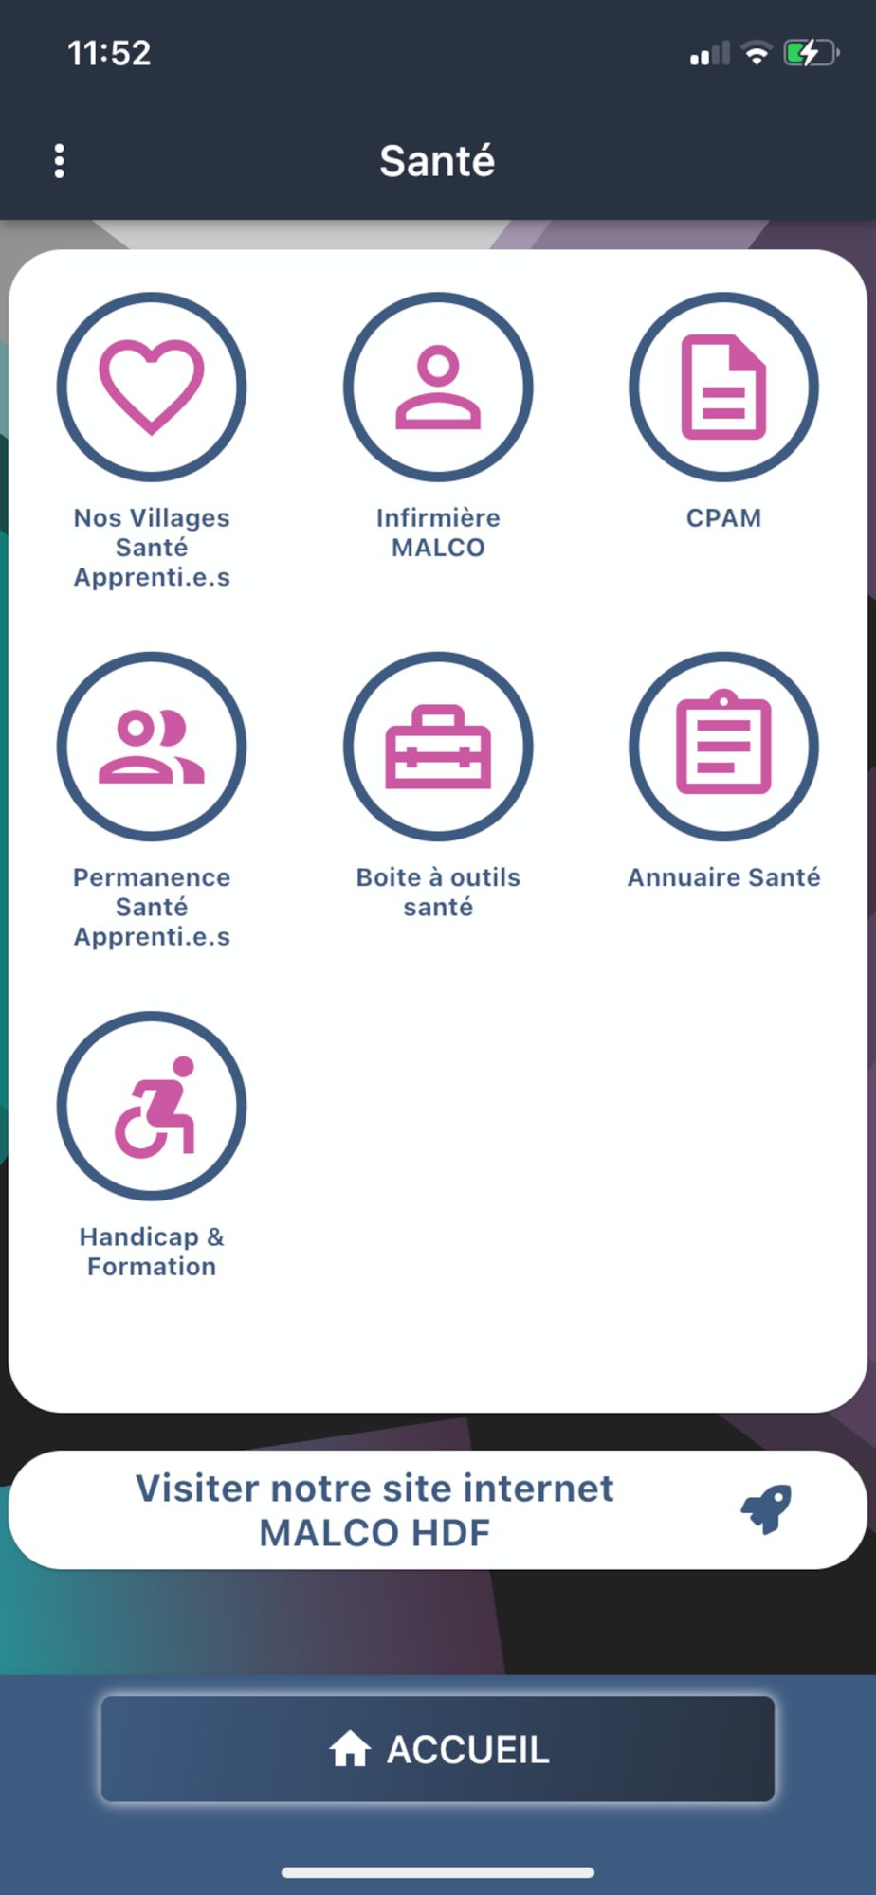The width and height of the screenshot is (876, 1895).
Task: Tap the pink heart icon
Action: pyautogui.click(x=152, y=387)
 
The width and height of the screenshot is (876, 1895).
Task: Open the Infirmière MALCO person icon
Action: pyautogui.click(x=438, y=387)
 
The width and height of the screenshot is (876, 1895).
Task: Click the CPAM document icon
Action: pyautogui.click(x=723, y=387)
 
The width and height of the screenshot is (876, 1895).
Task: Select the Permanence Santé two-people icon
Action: pyautogui.click(x=152, y=747)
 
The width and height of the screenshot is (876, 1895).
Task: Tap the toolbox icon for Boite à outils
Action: pyautogui.click(x=438, y=747)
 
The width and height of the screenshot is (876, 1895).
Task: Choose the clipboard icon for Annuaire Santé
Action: pyautogui.click(x=723, y=741)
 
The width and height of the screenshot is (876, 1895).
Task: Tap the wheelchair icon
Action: pyautogui.click(x=155, y=1107)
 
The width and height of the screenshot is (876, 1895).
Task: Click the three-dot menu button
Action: pyautogui.click(x=59, y=161)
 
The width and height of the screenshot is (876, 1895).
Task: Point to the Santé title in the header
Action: pyautogui.click(x=437, y=161)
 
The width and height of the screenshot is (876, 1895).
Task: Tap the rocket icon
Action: pyautogui.click(x=766, y=1508)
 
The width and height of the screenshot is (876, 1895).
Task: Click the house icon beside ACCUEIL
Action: pyautogui.click(x=350, y=1749)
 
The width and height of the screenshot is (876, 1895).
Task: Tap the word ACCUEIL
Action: pyautogui.click(x=468, y=1750)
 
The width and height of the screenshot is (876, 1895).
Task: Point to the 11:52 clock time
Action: pyautogui.click(x=109, y=53)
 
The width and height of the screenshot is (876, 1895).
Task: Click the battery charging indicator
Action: pyautogui.click(x=811, y=53)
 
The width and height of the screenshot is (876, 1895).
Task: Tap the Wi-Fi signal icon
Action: pyautogui.click(x=757, y=53)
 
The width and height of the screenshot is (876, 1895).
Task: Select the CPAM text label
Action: pyautogui.click(x=723, y=518)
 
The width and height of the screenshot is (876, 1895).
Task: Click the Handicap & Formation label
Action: pyautogui.click(x=152, y=1252)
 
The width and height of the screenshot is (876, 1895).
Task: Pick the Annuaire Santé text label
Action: pyautogui.click(x=723, y=877)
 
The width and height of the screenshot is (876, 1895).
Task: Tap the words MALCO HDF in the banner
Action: pyautogui.click(x=375, y=1533)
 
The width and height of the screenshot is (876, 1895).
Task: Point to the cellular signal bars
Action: pyautogui.click(x=710, y=53)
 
